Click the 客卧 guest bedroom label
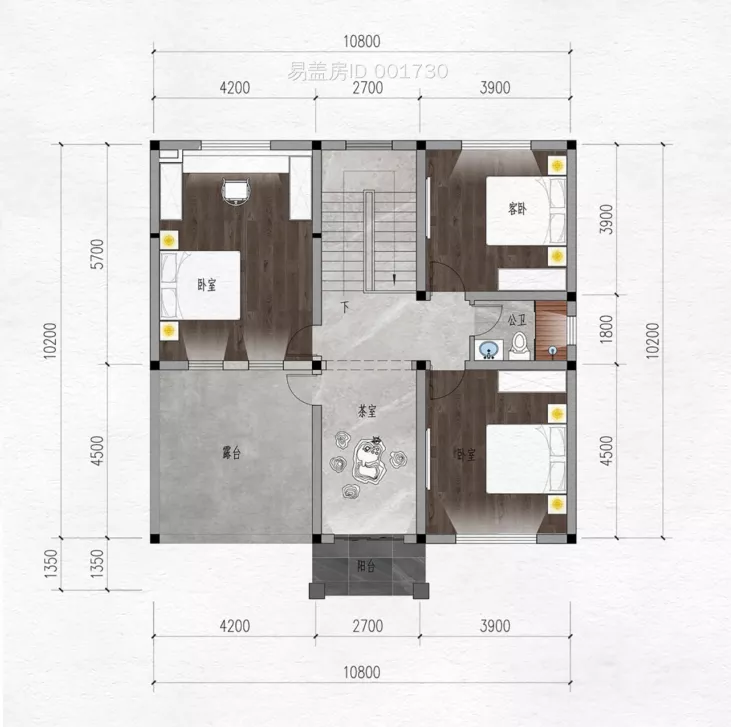point(517,209)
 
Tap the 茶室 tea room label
point(366,411)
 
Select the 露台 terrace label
point(231,452)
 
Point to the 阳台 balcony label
point(366,566)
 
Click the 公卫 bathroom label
point(517,320)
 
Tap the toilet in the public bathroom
point(519,346)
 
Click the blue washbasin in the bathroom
point(489,349)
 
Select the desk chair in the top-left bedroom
point(236,190)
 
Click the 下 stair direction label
point(345,308)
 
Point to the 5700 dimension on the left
point(97,254)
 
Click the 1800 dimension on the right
point(606,329)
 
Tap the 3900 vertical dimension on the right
point(606,219)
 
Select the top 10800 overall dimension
point(362,42)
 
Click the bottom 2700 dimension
point(367,626)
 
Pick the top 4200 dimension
point(234,88)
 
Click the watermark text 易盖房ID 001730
point(367,71)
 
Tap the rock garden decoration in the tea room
point(368,462)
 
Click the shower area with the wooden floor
point(551,330)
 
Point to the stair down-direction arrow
point(394,278)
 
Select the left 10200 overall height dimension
point(51,340)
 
